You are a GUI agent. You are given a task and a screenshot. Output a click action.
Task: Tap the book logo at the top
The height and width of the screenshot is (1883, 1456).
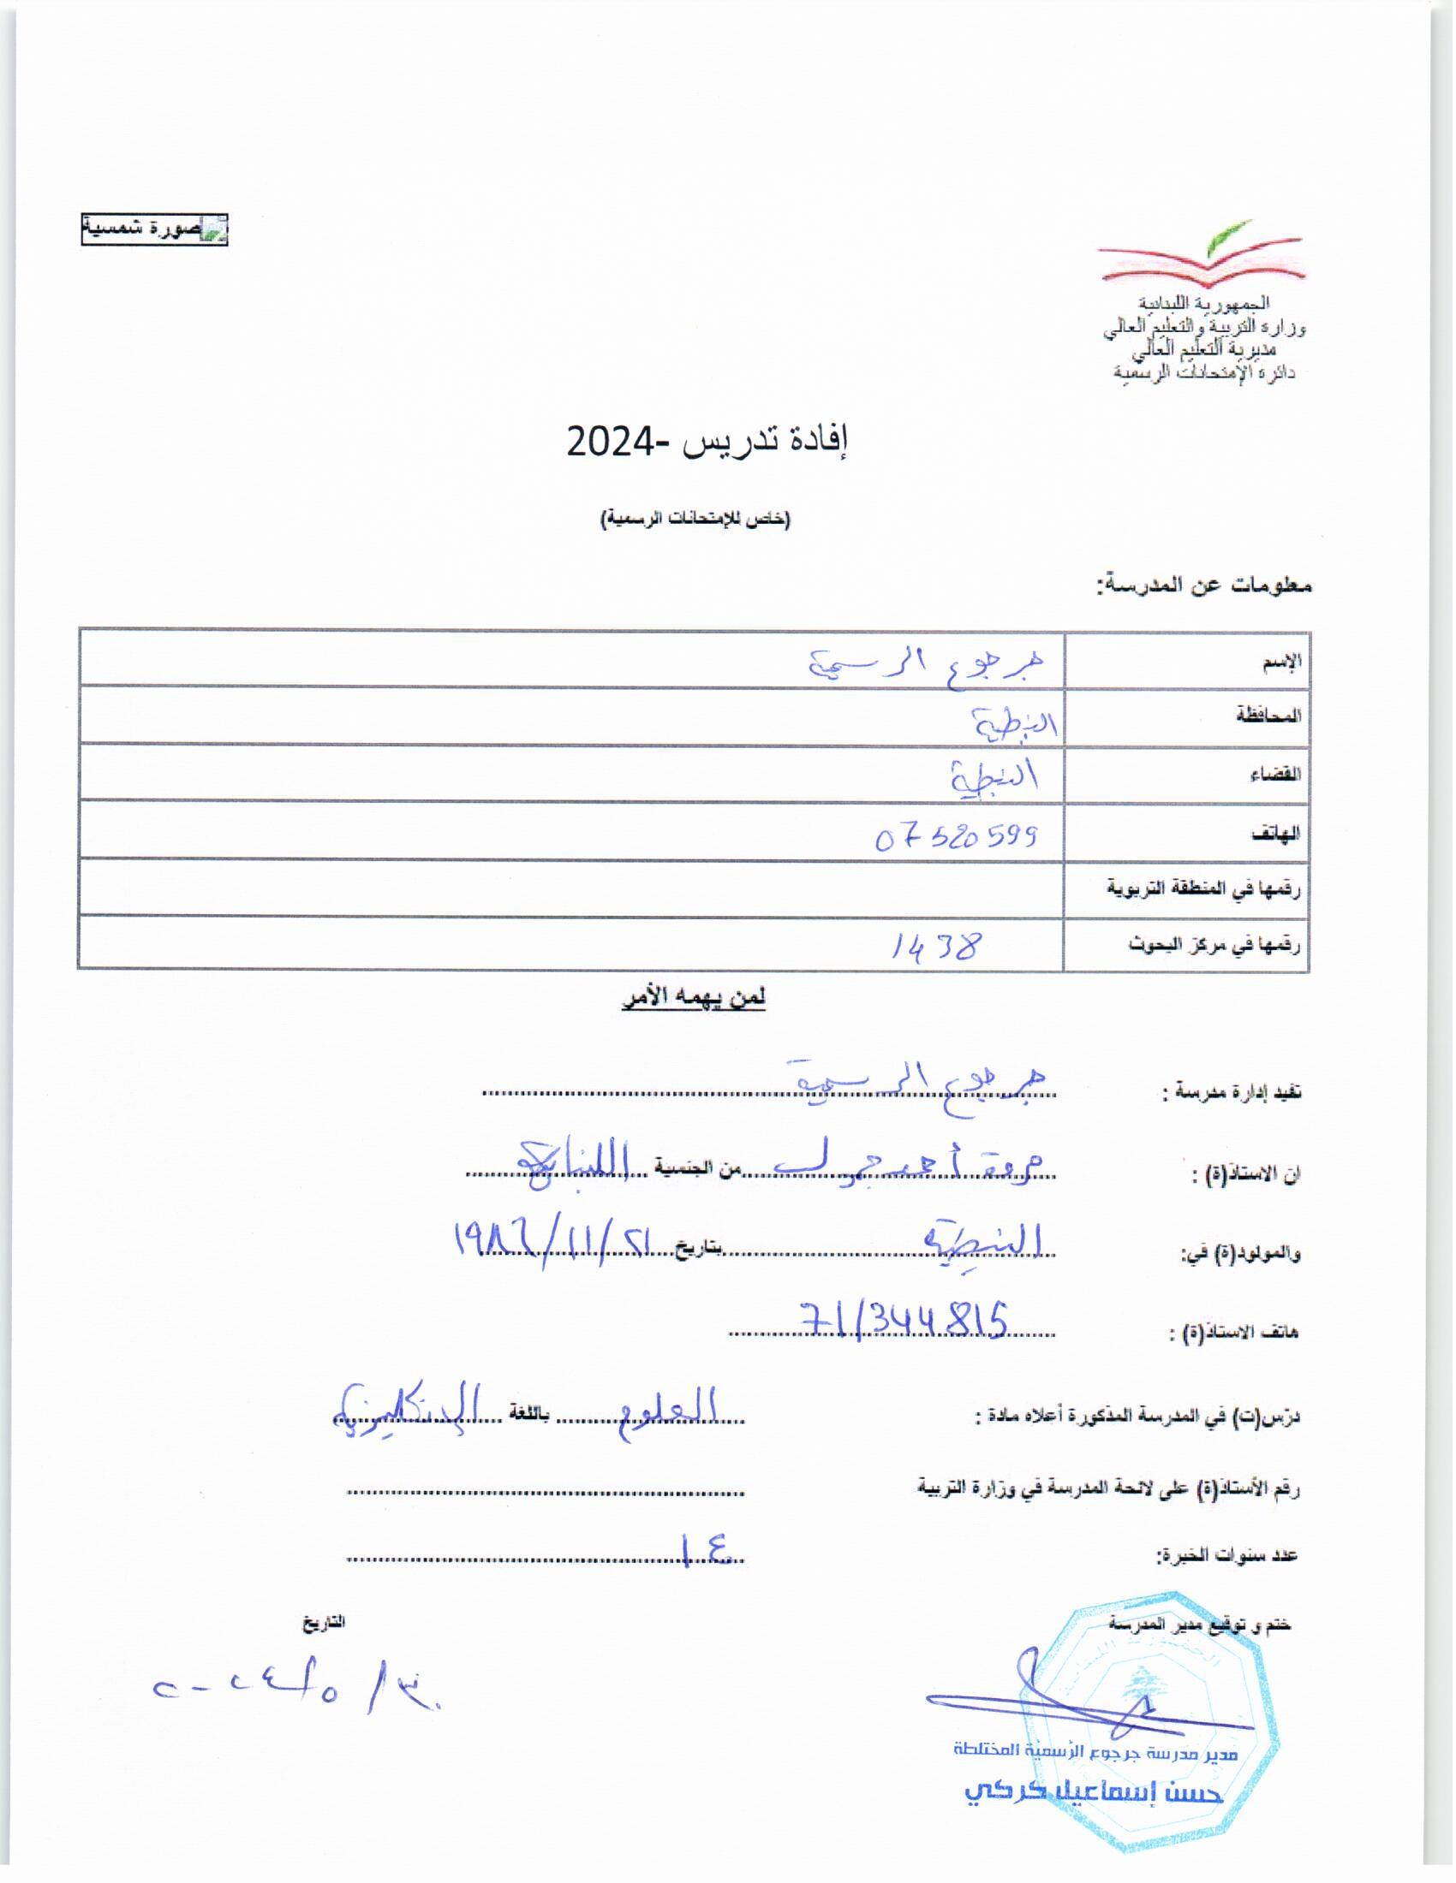point(1202,256)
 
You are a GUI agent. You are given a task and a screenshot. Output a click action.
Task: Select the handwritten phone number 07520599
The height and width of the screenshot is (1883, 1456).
point(955,836)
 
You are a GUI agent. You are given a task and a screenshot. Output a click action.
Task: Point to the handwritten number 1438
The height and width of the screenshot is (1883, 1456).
point(936,947)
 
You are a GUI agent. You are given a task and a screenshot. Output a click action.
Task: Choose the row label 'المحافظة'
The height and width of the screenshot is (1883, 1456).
point(1269,716)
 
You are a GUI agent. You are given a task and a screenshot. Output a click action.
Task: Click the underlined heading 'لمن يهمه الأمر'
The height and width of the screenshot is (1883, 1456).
point(695,997)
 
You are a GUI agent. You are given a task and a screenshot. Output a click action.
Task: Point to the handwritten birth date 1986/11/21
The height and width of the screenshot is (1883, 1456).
point(554,1244)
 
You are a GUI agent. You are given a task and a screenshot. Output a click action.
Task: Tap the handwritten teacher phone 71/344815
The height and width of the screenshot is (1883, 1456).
point(905,1320)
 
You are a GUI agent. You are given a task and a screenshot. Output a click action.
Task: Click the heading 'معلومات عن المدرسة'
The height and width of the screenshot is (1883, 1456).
point(1204,585)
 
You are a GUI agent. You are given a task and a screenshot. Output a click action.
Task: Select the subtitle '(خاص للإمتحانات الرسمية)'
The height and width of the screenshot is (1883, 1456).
point(695,519)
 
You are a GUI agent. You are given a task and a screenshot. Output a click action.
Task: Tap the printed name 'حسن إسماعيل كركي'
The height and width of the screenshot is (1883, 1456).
point(1094,1793)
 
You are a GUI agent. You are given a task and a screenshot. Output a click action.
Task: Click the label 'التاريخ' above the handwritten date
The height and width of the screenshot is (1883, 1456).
point(323,1622)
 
